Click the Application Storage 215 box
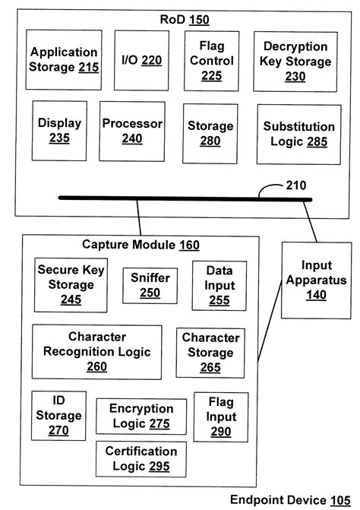click(x=64, y=61)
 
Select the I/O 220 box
click(x=141, y=60)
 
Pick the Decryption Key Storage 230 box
click(x=292, y=60)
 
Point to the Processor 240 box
click(x=133, y=130)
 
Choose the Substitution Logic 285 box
click(x=298, y=133)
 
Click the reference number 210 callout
click(x=296, y=183)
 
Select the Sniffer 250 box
click(x=150, y=285)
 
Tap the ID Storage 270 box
click(x=58, y=416)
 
